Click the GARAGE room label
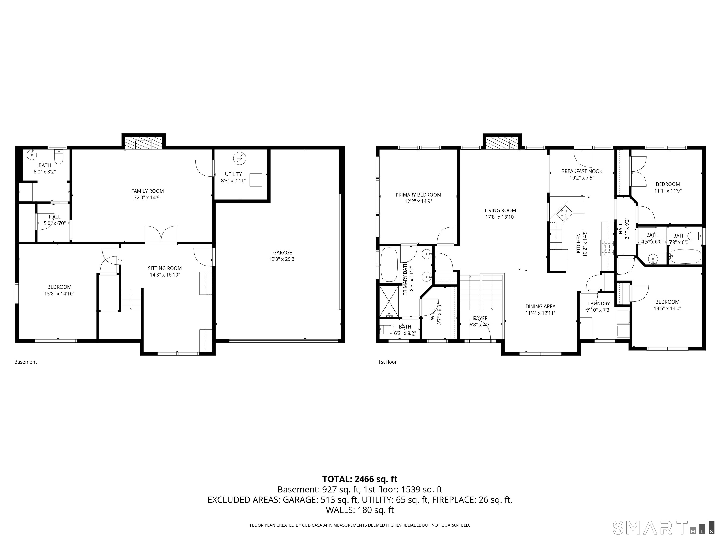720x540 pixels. coord(282,253)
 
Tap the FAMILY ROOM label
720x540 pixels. coord(147,191)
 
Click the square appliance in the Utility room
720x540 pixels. coord(256,180)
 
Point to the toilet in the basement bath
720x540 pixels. coord(59,157)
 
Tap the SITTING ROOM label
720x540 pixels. coord(165,268)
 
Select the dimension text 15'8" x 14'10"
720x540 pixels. coord(59,294)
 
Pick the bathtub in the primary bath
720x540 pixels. coord(389,265)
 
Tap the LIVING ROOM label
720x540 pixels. coord(500,211)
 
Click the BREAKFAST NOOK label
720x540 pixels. coord(582,171)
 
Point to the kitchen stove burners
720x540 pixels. coord(607,248)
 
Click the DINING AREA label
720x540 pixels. coord(540,306)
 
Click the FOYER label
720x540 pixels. coord(480,318)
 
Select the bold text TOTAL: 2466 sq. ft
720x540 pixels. coord(360,479)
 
